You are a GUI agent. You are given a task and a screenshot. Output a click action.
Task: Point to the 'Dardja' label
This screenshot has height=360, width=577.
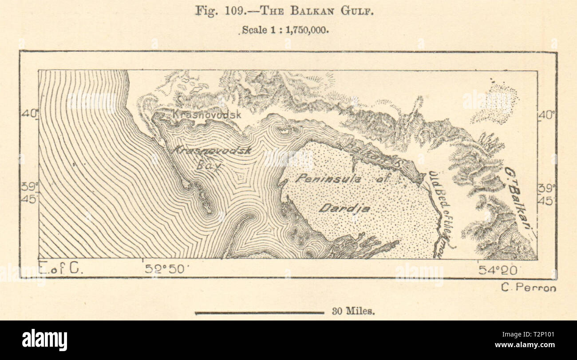click(339, 208)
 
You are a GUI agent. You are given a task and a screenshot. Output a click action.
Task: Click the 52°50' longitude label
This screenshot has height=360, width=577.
click(166, 269)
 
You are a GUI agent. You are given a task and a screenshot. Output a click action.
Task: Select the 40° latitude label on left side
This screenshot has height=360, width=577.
click(29, 114)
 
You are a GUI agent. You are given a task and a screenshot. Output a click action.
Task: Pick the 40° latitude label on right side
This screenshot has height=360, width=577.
click(546, 115)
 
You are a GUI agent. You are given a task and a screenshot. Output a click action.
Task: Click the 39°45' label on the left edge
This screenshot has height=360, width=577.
click(29, 193)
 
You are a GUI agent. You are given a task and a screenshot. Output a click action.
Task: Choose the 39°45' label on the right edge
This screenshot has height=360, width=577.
click(546, 194)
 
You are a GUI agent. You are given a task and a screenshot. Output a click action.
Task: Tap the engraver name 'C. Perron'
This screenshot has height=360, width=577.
click(528, 288)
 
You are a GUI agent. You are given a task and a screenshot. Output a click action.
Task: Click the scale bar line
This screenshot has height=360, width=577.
click(260, 313)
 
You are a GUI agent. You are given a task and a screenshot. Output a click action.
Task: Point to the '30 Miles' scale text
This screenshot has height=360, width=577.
click(353, 312)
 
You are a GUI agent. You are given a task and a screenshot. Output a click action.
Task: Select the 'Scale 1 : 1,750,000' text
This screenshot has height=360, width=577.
click(285, 31)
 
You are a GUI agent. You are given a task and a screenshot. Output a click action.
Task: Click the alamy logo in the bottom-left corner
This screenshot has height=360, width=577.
click(44, 340)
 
